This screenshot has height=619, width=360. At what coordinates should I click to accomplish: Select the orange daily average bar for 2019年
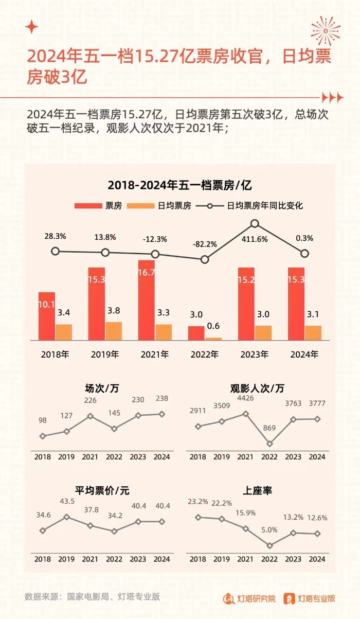[114, 331]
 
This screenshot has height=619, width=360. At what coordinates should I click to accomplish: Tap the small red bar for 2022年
[196, 333]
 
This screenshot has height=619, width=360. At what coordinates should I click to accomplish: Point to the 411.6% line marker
[255, 224]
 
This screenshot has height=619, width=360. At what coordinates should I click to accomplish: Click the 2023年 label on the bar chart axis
[255, 355]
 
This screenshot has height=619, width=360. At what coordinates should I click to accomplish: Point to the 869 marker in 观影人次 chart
[269, 444]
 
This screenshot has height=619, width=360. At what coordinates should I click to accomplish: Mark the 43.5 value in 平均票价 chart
[66, 501]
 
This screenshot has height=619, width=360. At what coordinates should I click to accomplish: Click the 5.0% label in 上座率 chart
[269, 529]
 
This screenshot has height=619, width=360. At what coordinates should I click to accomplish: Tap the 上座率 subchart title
[258, 490]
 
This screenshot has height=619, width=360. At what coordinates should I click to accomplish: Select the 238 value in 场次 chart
[161, 398]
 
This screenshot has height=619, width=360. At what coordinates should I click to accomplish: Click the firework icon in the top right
[326, 30]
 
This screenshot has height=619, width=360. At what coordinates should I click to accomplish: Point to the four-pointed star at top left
[32, 27]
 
